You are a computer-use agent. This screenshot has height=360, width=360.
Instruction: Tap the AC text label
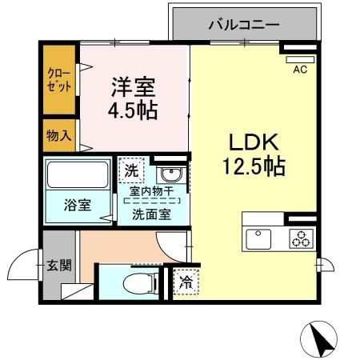[300, 70]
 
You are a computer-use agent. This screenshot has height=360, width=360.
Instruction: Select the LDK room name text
[254, 142]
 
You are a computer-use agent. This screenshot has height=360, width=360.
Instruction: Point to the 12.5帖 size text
[254, 167]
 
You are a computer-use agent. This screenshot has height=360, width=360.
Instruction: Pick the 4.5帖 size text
[132, 109]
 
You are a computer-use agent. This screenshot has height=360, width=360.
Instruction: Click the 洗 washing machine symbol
[131, 170]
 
